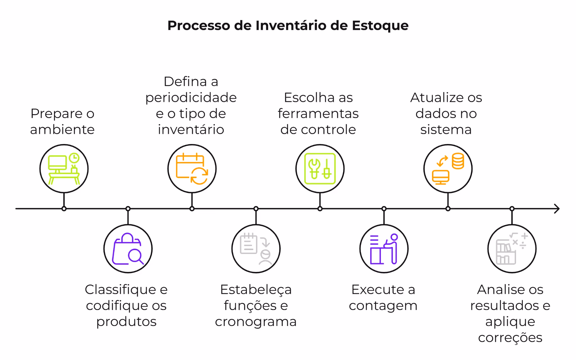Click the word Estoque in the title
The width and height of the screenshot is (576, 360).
(380, 26)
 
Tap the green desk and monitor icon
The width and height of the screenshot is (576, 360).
(64, 169)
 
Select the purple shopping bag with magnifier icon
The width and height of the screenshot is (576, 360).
(128, 249)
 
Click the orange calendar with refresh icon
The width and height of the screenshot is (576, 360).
(192, 169)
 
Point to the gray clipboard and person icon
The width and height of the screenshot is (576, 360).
(256, 249)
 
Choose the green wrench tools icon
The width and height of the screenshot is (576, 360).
(320, 169)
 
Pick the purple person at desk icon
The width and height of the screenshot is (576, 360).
(384, 249)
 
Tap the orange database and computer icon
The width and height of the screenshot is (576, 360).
(448, 169)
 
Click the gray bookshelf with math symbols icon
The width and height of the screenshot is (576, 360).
(512, 249)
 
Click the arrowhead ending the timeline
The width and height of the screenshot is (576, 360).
(557, 209)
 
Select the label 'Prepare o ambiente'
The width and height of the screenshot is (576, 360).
(62, 121)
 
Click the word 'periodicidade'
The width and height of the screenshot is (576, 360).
(191, 98)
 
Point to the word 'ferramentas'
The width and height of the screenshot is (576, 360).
(318, 114)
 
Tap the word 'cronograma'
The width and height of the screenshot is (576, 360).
(256, 321)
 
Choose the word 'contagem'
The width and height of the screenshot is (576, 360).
(383, 306)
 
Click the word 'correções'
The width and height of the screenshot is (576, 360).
(510, 337)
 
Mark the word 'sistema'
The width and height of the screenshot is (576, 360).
(446, 130)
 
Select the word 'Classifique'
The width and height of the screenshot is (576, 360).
(120, 289)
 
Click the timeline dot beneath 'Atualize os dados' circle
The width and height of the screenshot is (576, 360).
(448, 209)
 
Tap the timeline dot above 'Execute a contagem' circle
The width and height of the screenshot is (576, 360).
(384, 209)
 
